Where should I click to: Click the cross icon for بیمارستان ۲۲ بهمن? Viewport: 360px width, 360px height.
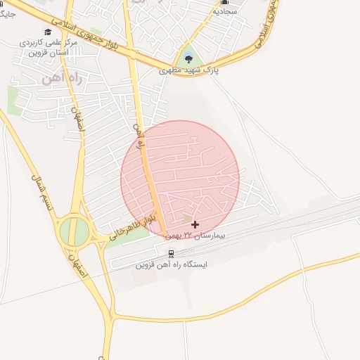point(195,224)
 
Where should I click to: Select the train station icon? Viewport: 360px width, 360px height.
point(170,253)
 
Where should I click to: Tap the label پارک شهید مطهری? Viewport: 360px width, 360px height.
point(188,71)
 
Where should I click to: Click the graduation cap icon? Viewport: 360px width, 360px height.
point(48,32)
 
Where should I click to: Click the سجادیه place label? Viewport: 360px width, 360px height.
point(224,11)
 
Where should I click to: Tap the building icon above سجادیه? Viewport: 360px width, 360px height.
point(224,2)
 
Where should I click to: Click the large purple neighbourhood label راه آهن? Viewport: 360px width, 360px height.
point(63,77)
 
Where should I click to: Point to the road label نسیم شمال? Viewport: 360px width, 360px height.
point(38,190)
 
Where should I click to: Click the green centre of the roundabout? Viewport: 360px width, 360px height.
point(73,231)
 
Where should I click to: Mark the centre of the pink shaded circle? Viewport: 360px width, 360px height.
point(180,179)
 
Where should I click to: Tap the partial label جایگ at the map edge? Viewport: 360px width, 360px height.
point(7,13)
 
